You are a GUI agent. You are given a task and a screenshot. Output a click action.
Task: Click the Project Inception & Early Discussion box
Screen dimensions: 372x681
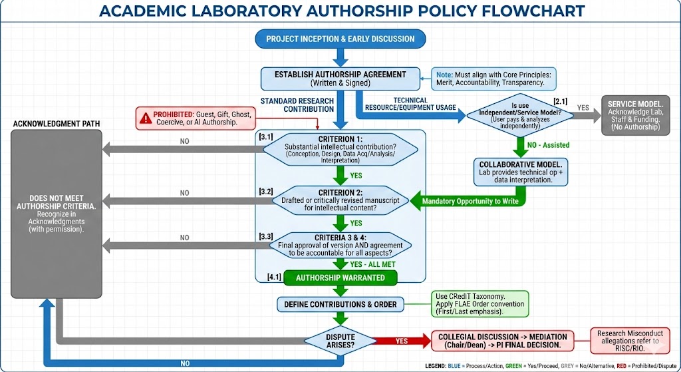pos(340,39)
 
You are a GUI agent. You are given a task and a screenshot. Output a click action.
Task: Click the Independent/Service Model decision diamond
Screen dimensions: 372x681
pos(516,115)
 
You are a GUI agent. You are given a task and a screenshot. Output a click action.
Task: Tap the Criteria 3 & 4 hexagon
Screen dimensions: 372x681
pos(340,244)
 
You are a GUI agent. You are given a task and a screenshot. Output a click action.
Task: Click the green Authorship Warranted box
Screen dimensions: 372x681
pos(340,278)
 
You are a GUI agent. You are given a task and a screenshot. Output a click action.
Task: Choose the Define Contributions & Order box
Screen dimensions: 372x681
pos(340,305)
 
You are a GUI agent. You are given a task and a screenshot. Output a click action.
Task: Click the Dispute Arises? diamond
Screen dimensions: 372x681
pos(340,341)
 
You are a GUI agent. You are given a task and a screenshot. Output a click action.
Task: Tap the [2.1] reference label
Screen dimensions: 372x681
pos(560,100)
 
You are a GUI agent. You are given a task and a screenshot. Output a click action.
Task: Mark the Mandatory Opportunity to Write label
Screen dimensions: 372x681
pos(470,200)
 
